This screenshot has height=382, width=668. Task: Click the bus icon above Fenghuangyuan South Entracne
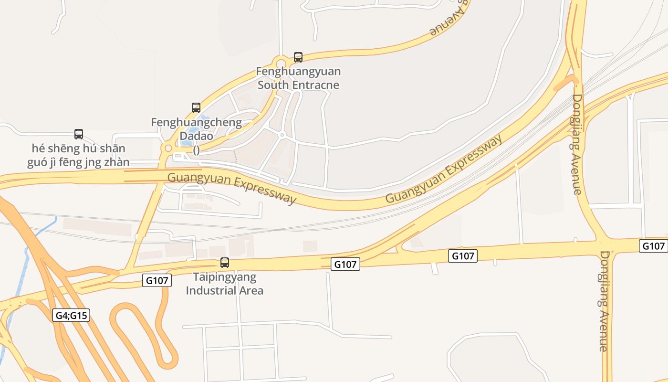298,57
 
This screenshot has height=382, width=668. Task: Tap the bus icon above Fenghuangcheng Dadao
196,108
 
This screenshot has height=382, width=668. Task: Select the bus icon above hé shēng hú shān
79,134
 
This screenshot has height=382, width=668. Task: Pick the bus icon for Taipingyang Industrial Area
224,262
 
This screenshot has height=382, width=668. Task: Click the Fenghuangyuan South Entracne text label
299,78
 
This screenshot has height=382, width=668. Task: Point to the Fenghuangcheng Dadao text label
197,129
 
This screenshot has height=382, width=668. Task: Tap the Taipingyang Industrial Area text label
224,284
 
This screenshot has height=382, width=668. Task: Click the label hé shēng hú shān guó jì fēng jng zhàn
79,155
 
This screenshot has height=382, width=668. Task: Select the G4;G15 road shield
71,315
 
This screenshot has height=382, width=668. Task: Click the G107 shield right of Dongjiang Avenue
653,246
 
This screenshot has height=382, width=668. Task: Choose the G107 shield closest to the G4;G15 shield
157,280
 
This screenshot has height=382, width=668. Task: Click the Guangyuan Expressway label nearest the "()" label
232,187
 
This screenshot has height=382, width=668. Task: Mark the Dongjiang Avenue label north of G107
577,144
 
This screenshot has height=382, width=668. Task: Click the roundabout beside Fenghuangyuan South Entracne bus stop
281,63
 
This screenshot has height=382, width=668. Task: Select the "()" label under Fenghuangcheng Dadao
196,150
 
